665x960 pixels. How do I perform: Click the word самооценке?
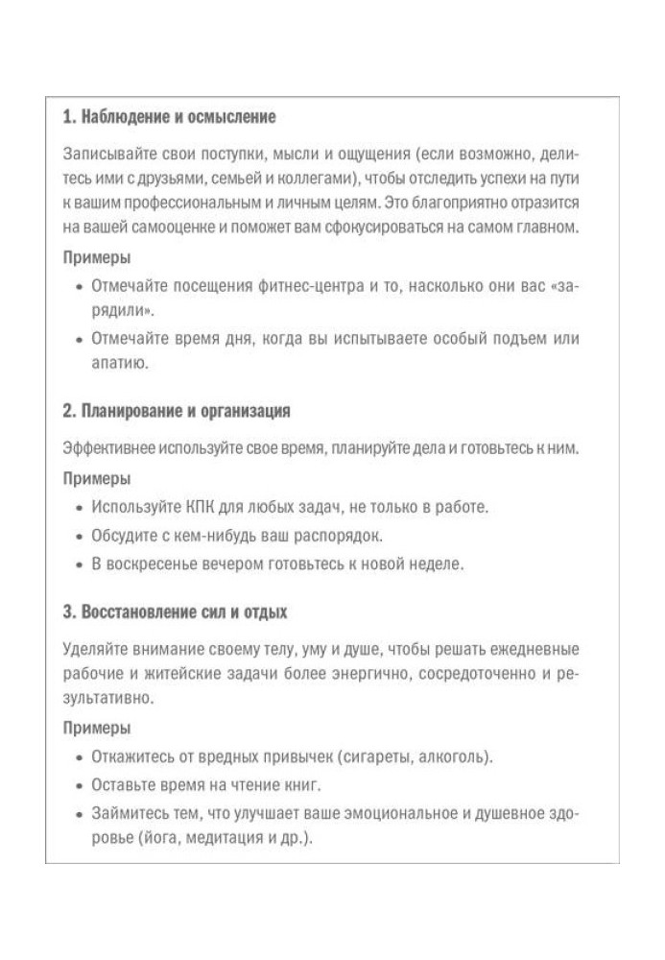click(x=171, y=228)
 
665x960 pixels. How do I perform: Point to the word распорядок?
click(x=342, y=535)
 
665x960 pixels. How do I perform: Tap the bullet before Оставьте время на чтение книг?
click(x=79, y=785)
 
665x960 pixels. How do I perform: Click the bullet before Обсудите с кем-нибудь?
click(x=79, y=536)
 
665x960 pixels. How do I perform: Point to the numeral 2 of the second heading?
click(x=67, y=411)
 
